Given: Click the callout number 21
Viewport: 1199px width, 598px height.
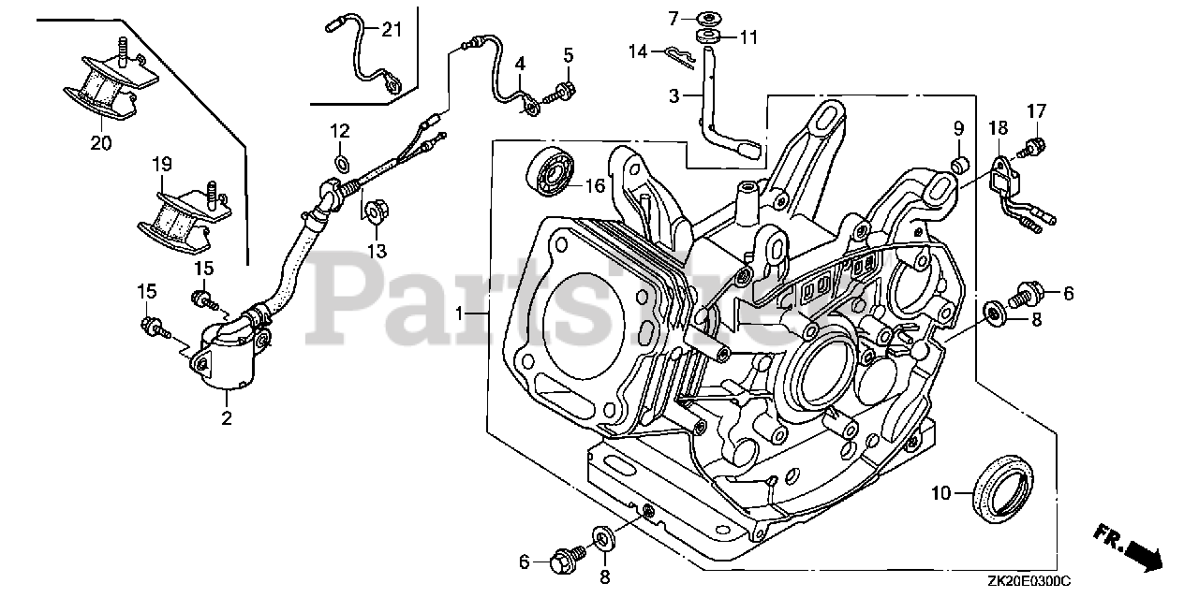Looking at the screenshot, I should point(391,30).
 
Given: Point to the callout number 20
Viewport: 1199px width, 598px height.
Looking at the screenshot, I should point(100,143).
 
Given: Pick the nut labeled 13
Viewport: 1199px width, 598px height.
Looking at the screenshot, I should point(375,213).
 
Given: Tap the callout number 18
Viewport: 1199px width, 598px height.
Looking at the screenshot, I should point(997,127).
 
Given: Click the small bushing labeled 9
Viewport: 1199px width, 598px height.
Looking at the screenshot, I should point(959,165).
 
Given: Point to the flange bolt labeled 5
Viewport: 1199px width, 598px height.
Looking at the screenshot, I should point(565,90).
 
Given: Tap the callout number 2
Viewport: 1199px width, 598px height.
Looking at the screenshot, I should point(226,419).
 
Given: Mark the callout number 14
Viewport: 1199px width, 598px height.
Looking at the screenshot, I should point(638,51).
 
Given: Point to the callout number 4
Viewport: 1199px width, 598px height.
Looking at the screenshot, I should point(520,63).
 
